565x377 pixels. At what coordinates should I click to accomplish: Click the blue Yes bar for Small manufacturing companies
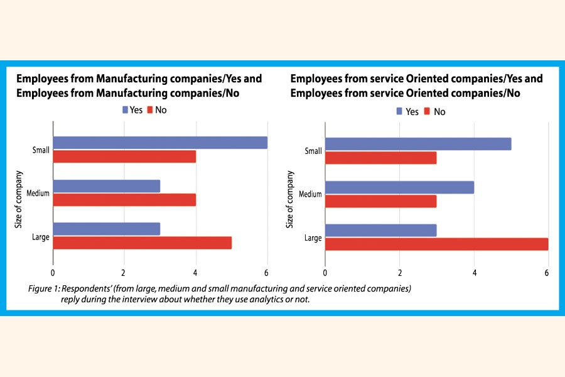(x=160, y=143)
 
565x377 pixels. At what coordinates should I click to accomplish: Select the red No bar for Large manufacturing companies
(x=143, y=243)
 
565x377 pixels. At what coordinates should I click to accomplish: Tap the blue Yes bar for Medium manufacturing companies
(x=107, y=186)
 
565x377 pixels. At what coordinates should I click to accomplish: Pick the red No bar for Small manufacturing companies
(x=124, y=156)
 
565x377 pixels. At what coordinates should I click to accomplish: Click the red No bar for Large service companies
(x=436, y=244)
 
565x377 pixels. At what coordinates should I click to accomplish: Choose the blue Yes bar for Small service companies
(x=418, y=144)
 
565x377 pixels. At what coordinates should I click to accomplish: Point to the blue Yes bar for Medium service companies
(x=399, y=187)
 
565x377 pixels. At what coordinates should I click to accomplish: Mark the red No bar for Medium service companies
(x=380, y=201)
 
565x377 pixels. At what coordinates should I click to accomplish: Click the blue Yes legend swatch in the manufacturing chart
(x=126, y=110)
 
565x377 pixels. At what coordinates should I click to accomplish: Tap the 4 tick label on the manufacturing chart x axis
(x=196, y=273)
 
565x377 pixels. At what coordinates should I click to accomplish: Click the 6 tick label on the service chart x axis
(x=547, y=273)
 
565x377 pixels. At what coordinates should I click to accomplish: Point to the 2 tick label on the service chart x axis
(x=400, y=273)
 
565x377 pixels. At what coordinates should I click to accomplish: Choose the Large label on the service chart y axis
(x=312, y=238)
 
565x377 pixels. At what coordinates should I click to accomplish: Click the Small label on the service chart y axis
(x=313, y=151)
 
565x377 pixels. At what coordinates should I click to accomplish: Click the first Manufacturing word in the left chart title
(x=124, y=79)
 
